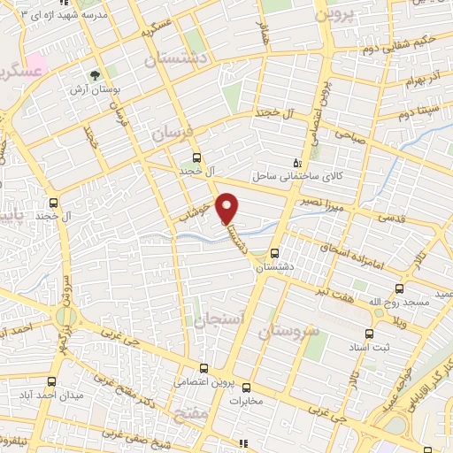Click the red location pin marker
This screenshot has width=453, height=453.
[228, 208]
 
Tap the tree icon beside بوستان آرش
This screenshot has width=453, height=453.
[96, 75]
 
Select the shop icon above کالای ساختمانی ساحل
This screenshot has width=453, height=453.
[297, 163]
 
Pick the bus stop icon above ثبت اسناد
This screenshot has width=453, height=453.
[369, 334]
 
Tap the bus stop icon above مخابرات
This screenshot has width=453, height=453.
[247, 387]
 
